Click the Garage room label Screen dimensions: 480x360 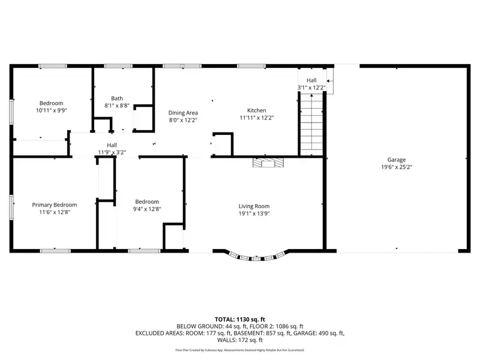[x=397, y=160]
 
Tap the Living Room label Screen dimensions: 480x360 [x=254, y=206]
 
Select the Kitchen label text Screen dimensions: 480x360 [x=257, y=110]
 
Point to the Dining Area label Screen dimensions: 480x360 [x=183, y=113]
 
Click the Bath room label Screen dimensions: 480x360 [x=117, y=98]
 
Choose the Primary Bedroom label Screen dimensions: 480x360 [x=55, y=205]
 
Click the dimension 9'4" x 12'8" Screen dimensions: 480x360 [x=147, y=209]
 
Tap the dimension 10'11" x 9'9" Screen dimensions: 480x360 [x=52, y=110]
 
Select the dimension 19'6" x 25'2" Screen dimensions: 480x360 [x=397, y=167]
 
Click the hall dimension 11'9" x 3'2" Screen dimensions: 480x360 [x=112, y=152]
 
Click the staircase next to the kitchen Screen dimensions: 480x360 [x=311, y=125]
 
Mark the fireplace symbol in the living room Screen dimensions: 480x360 [x=268, y=163]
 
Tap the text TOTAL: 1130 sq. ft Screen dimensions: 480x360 [x=240, y=320]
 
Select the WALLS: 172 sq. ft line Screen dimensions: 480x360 [x=240, y=340]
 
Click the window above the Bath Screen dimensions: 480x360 [x=118, y=66]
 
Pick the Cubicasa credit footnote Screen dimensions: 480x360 [x=240, y=350]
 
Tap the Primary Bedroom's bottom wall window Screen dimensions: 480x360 [x=55, y=251]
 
